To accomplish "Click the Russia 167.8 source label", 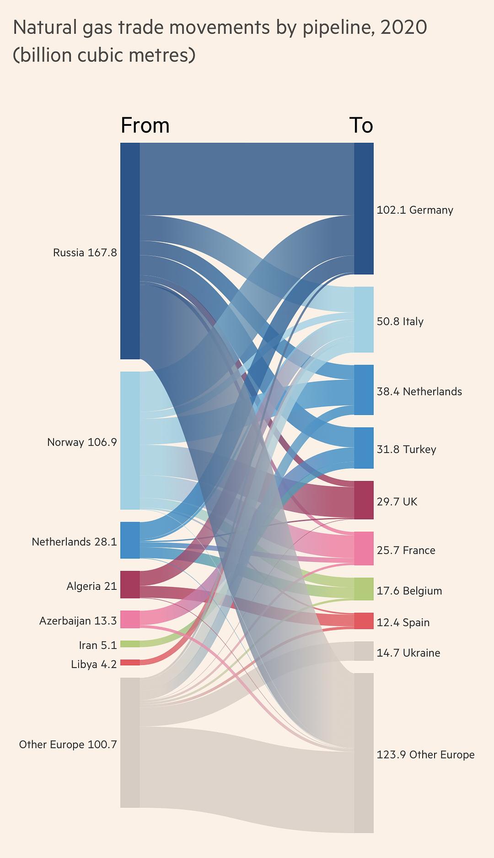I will [85, 253].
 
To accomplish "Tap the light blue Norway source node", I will [130, 440].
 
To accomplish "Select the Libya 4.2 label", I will [94, 664].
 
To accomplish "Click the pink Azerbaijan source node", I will [130, 619].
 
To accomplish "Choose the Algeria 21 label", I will [91, 586].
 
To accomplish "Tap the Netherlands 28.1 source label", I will [74, 542].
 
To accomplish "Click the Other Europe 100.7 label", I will [68, 745].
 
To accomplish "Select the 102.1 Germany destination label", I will [415, 210].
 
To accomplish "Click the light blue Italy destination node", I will [364, 319].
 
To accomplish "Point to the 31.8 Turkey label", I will [406, 449].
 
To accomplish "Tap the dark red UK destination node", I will [364, 500].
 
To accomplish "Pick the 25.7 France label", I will [406, 550].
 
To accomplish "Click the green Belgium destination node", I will [364, 589].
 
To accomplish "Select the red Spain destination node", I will [364, 621].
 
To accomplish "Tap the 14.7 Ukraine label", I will [408, 653].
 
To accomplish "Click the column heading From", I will [145, 125].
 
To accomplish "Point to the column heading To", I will [361, 125].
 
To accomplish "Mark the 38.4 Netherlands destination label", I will [419, 392].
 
